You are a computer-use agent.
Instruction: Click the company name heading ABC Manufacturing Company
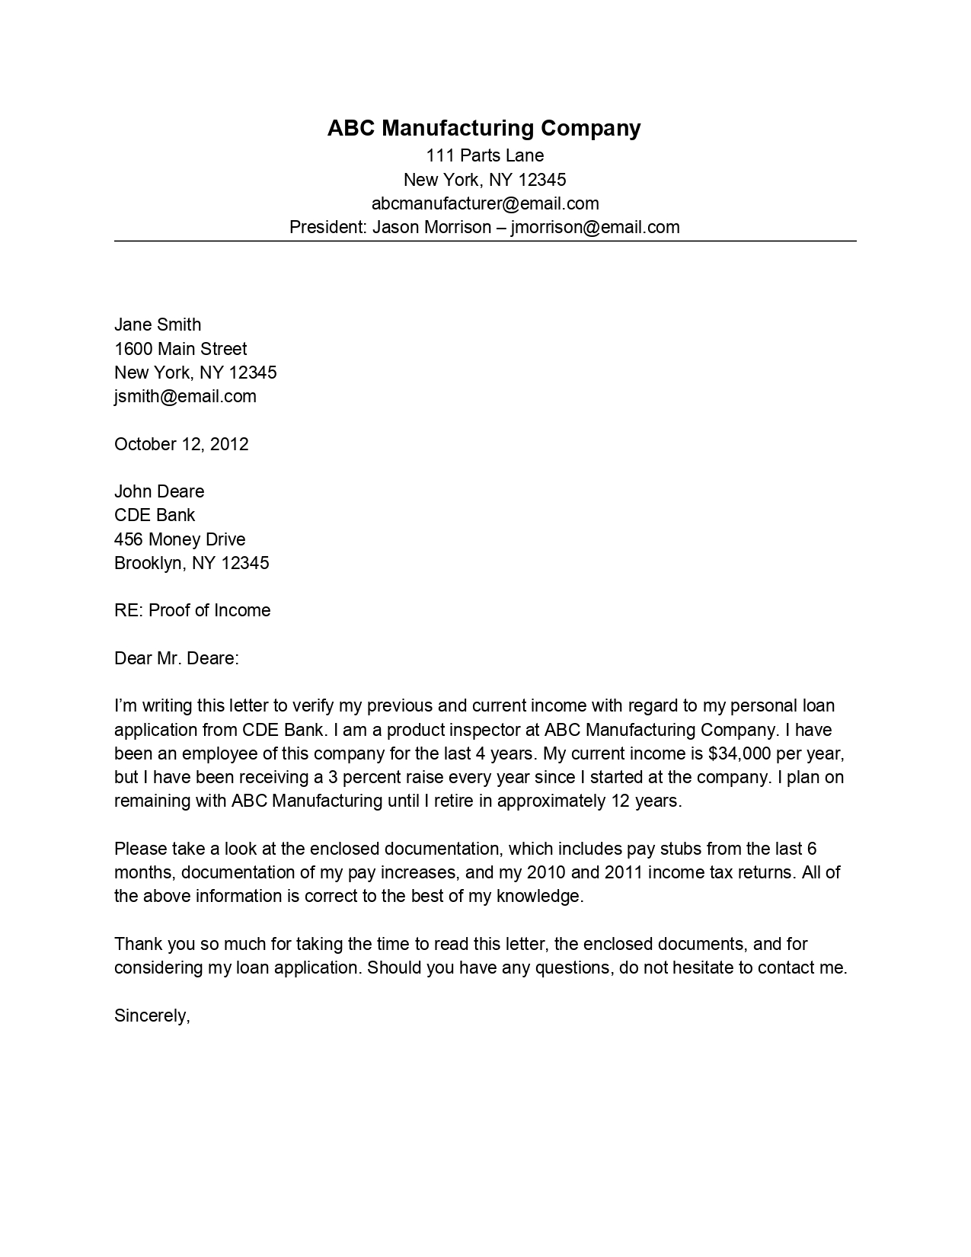pyautogui.click(x=484, y=128)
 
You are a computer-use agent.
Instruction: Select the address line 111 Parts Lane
pyautogui.click(x=484, y=156)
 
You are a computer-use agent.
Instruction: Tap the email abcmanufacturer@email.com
pyautogui.click(x=485, y=203)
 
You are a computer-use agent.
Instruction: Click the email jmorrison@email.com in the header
pyautogui.click(x=595, y=227)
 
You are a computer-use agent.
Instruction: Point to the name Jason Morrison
pyautogui.click(x=432, y=227)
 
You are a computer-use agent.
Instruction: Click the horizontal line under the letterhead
pyautogui.click(x=485, y=241)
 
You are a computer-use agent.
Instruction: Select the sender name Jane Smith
pyautogui.click(x=158, y=325)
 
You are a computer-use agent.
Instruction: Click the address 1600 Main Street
pyautogui.click(x=180, y=349)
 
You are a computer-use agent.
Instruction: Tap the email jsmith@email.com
pyautogui.click(x=185, y=396)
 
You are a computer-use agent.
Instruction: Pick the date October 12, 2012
pyautogui.click(x=181, y=444)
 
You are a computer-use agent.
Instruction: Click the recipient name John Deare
pyautogui.click(x=159, y=491)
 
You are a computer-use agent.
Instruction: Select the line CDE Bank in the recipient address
pyautogui.click(x=155, y=515)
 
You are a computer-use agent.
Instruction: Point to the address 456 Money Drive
pyautogui.click(x=180, y=539)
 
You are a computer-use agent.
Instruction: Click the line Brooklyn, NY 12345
pyautogui.click(x=191, y=563)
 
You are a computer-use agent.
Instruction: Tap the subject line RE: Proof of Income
pyautogui.click(x=192, y=610)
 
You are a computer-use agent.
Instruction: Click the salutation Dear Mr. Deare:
pyautogui.click(x=177, y=658)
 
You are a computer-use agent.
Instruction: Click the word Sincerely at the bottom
pyautogui.click(x=152, y=1016)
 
